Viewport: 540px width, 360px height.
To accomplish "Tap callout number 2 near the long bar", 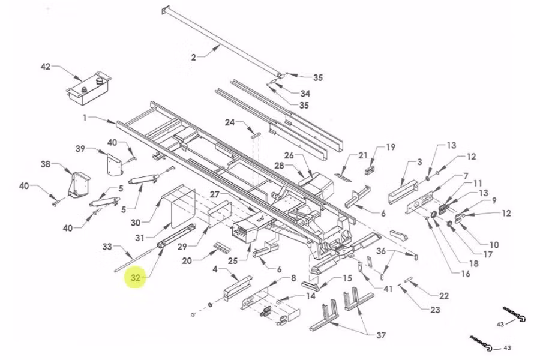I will tap(193, 58).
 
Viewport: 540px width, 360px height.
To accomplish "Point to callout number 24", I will tap(230, 122).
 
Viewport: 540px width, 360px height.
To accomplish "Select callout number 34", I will tap(305, 94).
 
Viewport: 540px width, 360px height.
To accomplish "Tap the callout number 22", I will tap(443, 296).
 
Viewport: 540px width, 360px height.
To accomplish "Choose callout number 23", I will tap(434, 310).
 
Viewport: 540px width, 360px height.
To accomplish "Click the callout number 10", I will tap(494, 244).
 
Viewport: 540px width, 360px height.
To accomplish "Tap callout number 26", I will tap(289, 155).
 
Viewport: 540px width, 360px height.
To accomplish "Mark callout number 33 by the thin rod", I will tap(107, 247).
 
